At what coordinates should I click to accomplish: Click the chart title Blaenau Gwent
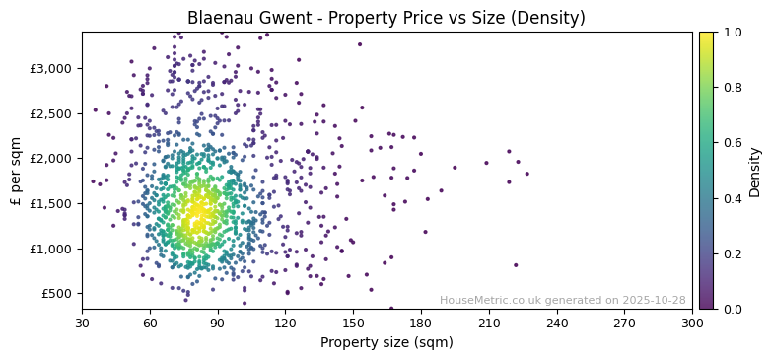coord(386,18)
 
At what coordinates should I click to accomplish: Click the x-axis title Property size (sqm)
coord(386,342)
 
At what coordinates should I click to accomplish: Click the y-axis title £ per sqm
coord(16,170)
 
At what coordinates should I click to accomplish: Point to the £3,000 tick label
coord(50,68)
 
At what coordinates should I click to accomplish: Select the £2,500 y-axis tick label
coord(50,113)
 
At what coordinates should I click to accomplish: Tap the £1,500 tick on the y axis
coord(50,203)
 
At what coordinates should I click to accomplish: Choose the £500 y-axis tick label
coord(55,294)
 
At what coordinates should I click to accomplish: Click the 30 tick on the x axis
coord(82,322)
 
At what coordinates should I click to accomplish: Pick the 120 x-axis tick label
coord(286,322)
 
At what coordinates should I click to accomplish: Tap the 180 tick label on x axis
coord(421,322)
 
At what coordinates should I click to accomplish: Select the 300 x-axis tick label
coord(693,322)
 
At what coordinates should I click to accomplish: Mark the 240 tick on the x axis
coord(557,322)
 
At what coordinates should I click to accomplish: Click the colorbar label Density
coord(754,171)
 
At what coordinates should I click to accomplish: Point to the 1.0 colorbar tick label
coord(731,33)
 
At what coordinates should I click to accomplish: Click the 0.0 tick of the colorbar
coord(731,309)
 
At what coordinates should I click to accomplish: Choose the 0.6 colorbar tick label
coord(731,143)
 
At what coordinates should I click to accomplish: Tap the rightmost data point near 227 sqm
coord(526,174)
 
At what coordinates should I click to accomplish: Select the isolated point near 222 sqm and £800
coord(516,265)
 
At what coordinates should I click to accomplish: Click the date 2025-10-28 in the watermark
coord(654,301)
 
